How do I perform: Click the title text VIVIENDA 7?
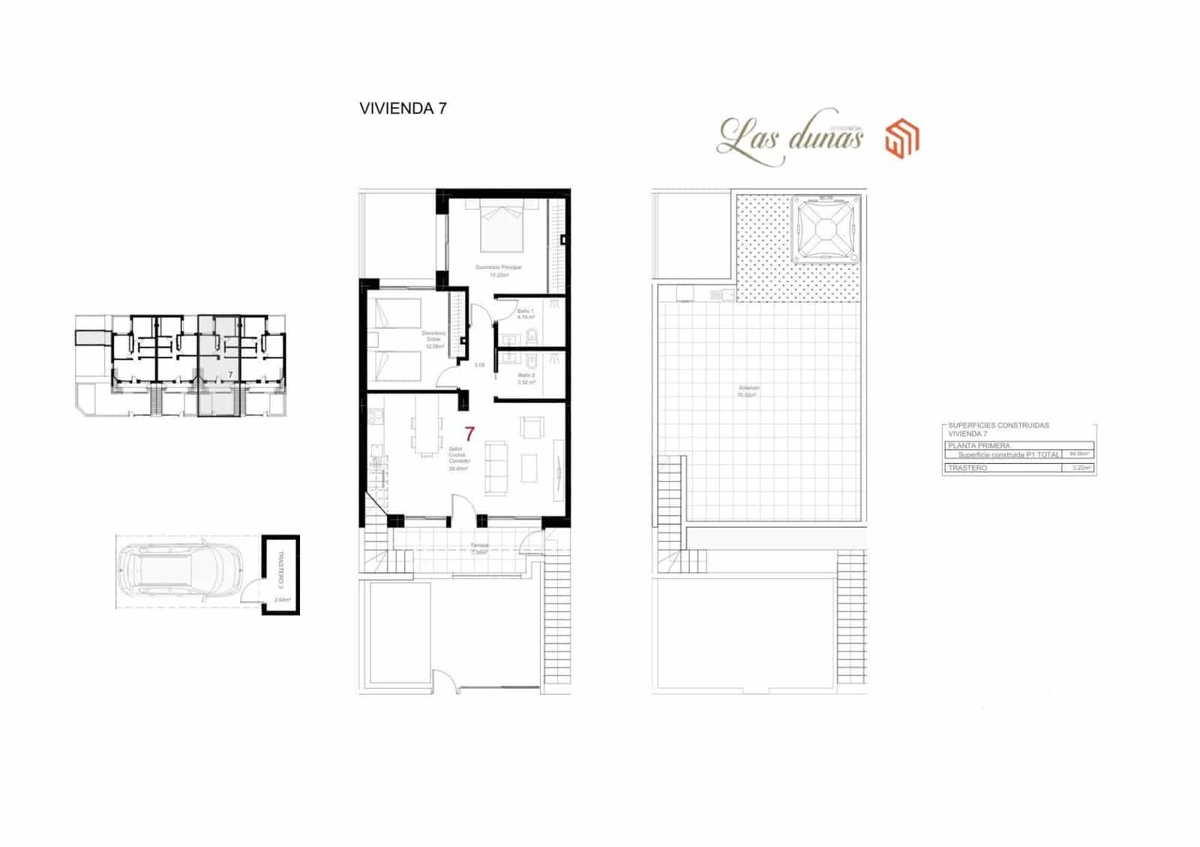(x=403, y=109)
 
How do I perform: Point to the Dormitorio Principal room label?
(x=499, y=268)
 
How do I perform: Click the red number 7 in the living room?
(x=469, y=434)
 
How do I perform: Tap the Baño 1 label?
(x=526, y=311)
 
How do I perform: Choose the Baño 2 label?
(x=526, y=376)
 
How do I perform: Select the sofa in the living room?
(x=496, y=467)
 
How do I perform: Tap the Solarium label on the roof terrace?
(x=748, y=388)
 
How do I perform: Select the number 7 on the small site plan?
(x=230, y=374)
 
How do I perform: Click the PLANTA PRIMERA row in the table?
(x=979, y=445)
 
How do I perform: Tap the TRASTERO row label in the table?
(x=967, y=468)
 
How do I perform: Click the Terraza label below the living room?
(x=480, y=546)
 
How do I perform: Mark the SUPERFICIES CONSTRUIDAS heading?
(x=998, y=426)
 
